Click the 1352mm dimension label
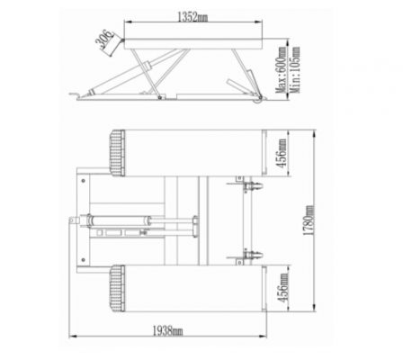coord(193,17)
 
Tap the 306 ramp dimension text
coord(104,39)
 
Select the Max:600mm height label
coord(281,69)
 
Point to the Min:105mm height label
coord(295,69)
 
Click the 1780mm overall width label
coord(309,220)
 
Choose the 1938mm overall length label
coord(167,331)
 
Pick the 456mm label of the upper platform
coord(282,153)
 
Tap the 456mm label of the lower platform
coord(282,288)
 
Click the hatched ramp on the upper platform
coord(117,153)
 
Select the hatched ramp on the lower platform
coord(117,288)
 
